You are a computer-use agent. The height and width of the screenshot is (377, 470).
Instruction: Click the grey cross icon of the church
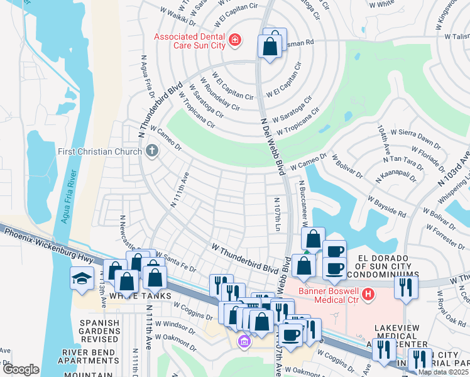click(151, 151)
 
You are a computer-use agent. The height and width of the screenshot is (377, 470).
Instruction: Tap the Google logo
click(21, 369)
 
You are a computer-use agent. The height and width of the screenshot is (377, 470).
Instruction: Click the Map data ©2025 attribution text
click(442, 372)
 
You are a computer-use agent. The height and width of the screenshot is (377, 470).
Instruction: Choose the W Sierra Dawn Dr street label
click(415, 135)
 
